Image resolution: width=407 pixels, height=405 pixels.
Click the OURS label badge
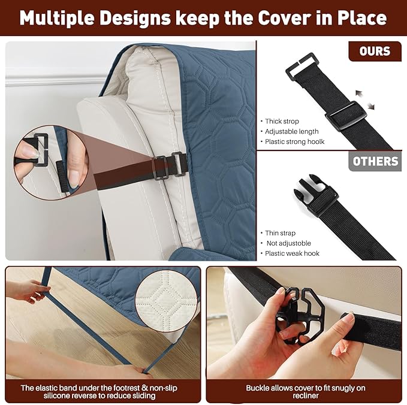click(x=375, y=51)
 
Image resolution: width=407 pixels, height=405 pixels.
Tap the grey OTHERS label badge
click(x=375, y=161)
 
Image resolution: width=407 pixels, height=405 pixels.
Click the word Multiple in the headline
click(x=57, y=18)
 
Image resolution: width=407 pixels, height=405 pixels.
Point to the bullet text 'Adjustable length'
click(x=291, y=132)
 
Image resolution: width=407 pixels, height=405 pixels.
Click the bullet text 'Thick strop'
click(x=282, y=122)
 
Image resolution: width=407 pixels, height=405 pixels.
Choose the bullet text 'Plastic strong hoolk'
click(x=294, y=141)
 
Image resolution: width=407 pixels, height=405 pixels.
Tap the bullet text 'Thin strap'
click(x=280, y=233)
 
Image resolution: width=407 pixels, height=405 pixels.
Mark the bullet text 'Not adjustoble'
click(x=289, y=243)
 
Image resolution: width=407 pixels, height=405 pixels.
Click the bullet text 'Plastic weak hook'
click(x=292, y=253)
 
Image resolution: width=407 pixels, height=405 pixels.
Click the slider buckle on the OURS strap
click(x=345, y=115)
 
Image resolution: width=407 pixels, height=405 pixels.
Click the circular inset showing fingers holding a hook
click(x=52, y=163)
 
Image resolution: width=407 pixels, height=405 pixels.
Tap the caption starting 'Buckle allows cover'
click(x=306, y=392)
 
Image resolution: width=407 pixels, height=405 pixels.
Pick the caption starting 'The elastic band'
click(x=99, y=392)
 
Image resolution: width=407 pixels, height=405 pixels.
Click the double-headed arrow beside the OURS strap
click(x=364, y=99)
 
